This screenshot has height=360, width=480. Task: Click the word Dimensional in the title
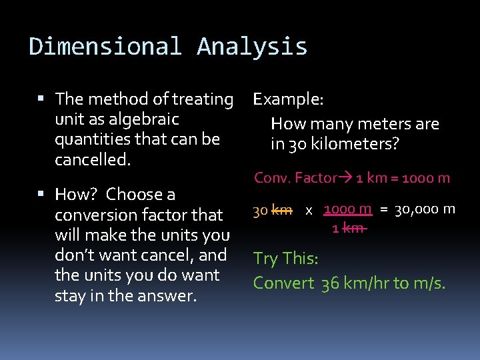105,47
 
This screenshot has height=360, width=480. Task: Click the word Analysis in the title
252,47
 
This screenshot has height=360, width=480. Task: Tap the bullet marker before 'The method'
41,99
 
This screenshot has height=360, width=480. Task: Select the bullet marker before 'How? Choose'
41,195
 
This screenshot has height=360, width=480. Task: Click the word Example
288,99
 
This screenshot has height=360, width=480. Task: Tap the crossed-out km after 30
282,211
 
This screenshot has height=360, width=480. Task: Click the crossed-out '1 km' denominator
348,228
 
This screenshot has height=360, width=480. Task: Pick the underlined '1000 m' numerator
347,209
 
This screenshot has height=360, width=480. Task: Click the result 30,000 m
425,210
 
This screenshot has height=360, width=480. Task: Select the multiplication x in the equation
309,211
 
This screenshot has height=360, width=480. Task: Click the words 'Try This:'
286,259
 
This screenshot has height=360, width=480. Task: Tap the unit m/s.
428,283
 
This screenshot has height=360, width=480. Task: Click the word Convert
283,283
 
